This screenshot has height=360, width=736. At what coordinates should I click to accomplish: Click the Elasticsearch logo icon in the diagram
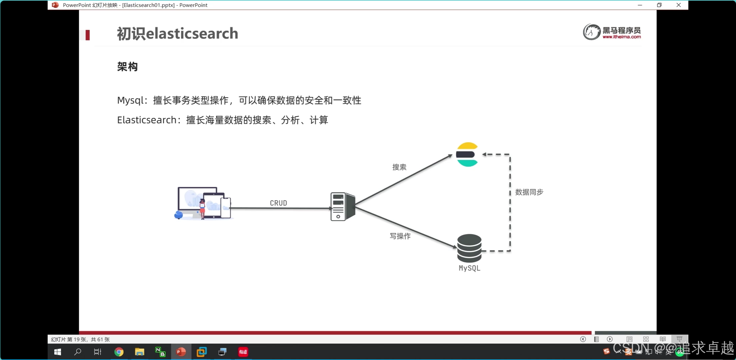tap(467, 155)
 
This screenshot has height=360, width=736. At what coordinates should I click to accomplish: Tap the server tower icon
tap(342, 207)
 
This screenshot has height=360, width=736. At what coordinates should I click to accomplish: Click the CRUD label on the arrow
tap(278, 203)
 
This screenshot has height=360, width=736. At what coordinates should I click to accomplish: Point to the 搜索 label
tap(399, 167)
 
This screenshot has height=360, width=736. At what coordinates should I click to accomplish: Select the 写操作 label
tap(400, 236)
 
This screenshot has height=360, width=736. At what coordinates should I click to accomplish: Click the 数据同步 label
tap(529, 192)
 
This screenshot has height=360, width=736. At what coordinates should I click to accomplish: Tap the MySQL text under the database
tap(469, 268)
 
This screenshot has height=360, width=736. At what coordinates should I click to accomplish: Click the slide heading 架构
tap(127, 67)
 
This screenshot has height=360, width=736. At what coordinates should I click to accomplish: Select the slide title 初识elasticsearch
tap(177, 33)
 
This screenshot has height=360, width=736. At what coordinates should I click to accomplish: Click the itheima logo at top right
tap(612, 32)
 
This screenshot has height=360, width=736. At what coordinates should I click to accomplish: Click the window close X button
tap(679, 5)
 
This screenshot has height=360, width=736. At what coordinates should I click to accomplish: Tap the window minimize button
tap(640, 5)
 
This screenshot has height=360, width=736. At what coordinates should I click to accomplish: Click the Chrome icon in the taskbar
tap(119, 352)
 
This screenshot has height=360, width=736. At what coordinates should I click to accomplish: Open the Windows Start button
tap(57, 352)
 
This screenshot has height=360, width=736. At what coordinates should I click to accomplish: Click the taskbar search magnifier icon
tap(78, 352)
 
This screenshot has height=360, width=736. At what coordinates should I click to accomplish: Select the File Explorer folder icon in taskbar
tap(139, 352)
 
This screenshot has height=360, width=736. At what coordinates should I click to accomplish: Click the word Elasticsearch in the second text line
tap(147, 120)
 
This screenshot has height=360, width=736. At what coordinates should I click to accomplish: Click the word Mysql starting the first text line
tap(130, 100)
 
